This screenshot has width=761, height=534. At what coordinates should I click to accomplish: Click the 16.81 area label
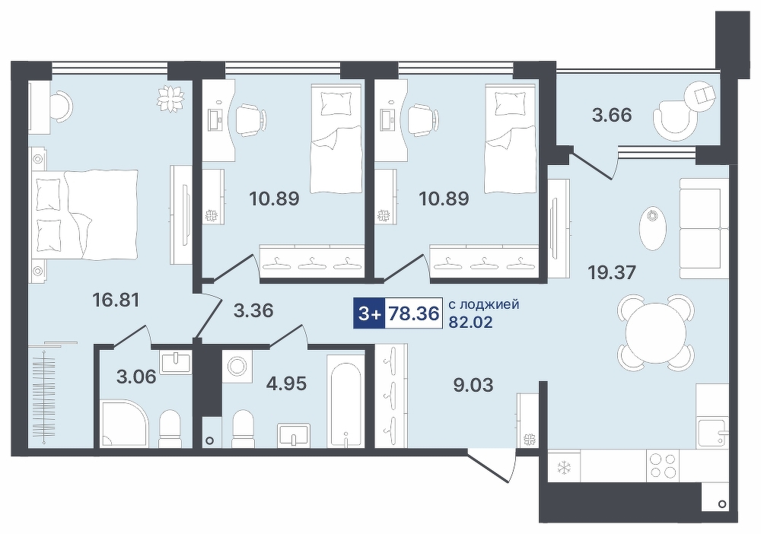116,300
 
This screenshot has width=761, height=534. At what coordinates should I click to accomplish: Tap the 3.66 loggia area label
613,116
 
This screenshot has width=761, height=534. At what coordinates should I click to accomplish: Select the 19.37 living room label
611,272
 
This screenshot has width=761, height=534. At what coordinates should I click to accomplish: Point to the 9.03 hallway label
473,385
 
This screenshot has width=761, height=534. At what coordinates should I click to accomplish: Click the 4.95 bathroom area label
286,383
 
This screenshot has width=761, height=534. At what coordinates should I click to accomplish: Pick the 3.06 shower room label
136,376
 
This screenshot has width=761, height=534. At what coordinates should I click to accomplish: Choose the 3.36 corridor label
253,310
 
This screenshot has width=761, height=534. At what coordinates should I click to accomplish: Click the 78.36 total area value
414,314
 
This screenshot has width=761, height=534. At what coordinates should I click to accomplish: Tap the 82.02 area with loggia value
470,322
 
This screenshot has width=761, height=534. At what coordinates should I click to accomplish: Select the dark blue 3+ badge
369,314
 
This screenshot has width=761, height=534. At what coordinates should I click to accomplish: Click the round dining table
656,334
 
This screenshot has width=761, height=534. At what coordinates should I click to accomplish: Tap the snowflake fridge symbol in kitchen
564,468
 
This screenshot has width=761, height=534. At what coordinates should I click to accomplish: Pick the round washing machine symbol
238,366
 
